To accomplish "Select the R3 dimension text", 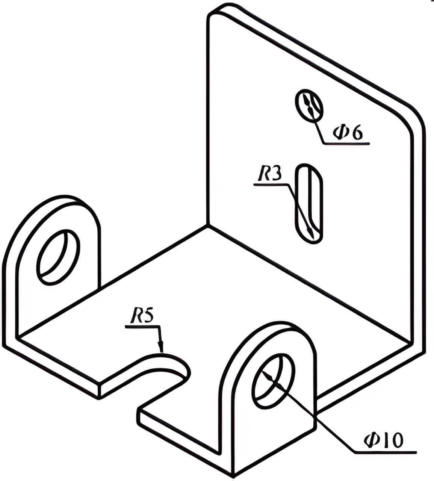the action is [270, 175].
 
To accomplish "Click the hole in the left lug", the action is [58, 256].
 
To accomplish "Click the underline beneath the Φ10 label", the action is [385, 451].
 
